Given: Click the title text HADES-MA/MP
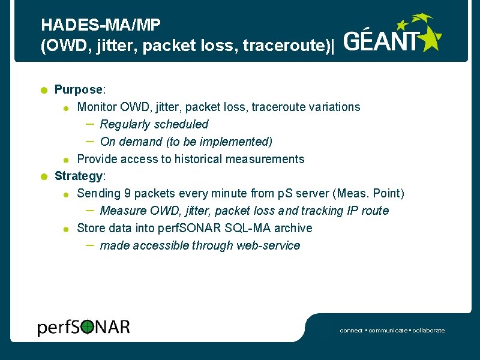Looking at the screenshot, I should pyautogui.click(x=100, y=25).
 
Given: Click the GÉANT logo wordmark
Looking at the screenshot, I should pyautogui.click(x=382, y=41).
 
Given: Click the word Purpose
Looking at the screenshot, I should pyautogui.click(x=79, y=89).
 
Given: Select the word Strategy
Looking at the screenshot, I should pyautogui.click(x=79, y=176).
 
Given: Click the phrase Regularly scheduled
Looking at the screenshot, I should pyautogui.click(x=154, y=124).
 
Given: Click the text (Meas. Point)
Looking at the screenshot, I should pyautogui.click(x=369, y=193).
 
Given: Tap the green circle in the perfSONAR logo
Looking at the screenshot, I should pyautogui.click(x=88, y=327).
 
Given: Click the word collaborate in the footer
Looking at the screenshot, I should pyautogui.click(x=428, y=331).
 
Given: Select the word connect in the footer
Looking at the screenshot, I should pyautogui.click(x=351, y=331).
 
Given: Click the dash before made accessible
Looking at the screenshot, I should pyautogui.click(x=89, y=245).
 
